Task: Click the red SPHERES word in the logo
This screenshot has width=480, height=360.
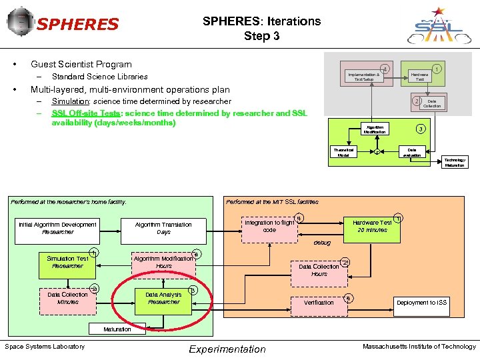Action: coord(78,25)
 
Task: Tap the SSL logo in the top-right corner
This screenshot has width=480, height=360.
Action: coord(438,25)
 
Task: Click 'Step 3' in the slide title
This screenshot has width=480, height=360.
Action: coord(261,36)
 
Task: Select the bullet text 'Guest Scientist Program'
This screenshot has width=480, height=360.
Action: coord(81,65)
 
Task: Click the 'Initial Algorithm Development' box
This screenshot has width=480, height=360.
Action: coord(58,228)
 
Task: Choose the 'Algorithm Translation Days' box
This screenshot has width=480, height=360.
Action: coord(163,228)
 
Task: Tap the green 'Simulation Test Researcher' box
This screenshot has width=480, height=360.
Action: coord(67,262)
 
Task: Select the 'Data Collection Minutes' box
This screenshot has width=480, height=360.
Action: coord(67,298)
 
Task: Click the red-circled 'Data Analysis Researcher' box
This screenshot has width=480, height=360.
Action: coord(163,298)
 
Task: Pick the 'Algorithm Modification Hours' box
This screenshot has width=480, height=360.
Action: coord(163,262)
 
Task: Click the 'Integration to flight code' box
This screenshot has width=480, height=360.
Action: coord(269,226)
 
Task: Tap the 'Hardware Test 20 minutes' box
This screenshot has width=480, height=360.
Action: coord(372,226)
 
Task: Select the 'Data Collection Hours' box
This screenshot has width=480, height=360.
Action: coord(319,270)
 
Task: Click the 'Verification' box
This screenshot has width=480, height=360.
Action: coord(319,303)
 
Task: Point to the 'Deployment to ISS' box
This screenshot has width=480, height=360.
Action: coord(421,303)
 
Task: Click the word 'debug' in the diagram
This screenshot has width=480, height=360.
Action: coord(322,243)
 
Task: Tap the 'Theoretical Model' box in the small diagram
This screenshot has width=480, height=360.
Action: coord(343,152)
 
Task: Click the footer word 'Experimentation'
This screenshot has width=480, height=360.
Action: coord(227,349)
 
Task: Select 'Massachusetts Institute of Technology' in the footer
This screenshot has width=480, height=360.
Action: coord(419,347)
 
